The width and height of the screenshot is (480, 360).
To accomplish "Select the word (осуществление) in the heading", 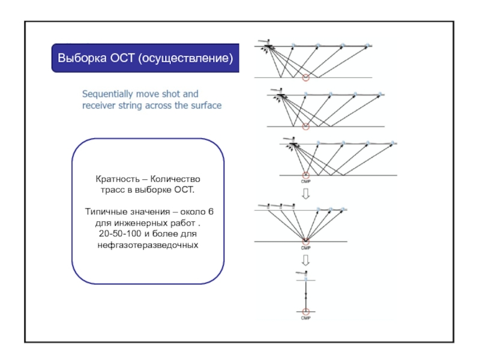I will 185,58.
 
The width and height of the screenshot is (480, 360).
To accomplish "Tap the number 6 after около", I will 211,212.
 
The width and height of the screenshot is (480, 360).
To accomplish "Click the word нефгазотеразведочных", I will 148,245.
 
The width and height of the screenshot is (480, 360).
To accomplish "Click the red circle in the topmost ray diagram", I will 305,77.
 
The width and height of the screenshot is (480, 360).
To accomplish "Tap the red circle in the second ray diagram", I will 306,126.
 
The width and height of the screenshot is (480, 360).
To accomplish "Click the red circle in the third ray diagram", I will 305,175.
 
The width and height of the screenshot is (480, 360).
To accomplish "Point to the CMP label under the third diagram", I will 305,181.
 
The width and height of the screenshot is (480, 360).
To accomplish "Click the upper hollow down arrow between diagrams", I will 305,194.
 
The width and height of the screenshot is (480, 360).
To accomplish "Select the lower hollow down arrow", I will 305,260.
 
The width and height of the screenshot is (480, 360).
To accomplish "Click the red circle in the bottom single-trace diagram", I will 305,311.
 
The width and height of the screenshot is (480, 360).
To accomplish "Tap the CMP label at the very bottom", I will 305,318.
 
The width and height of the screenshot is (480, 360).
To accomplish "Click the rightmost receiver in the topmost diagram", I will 368,45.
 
